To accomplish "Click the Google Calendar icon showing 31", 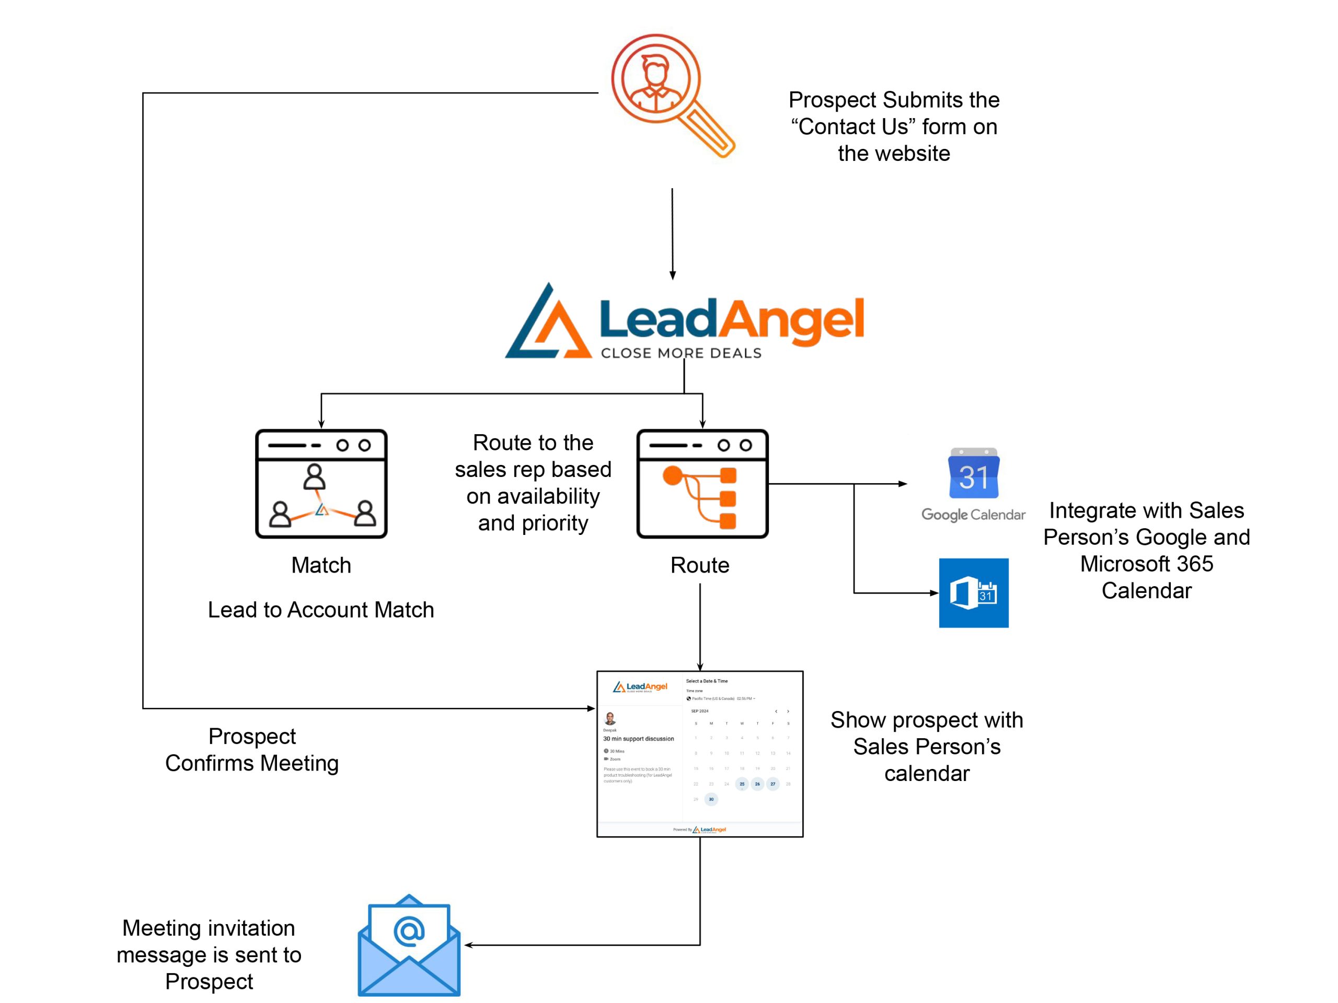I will pos(973,474).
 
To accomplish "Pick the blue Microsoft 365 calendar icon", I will pos(973,592).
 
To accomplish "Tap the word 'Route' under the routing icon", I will pos(700,565).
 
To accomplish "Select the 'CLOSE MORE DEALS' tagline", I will pos(681,353).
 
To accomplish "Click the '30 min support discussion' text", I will pos(638,739).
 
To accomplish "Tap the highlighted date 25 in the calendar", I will pos(742,784).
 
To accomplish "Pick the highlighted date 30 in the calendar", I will pos(711,799).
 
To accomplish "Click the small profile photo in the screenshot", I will pos(610,718).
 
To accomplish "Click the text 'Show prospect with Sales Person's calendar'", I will pos(927,747).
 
